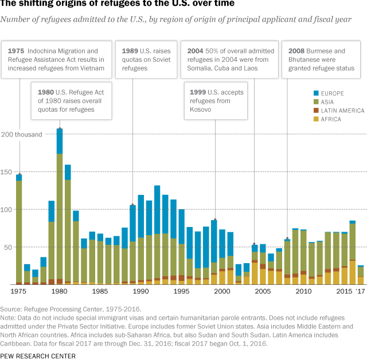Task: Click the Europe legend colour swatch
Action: click(x=317, y=93)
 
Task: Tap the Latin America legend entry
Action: click(x=342, y=110)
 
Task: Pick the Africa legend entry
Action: click(x=330, y=119)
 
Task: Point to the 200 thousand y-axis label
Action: click(x=22, y=135)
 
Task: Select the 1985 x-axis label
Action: click(x=100, y=292)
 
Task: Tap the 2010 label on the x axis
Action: click(x=303, y=292)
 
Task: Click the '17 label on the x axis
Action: click(x=360, y=292)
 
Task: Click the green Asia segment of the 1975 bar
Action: click(x=19, y=229)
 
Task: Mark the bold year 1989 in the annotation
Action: click(x=130, y=51)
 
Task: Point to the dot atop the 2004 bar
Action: click(x=255, y=244)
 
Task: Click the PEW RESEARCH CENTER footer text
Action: click(x=38, y=355)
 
